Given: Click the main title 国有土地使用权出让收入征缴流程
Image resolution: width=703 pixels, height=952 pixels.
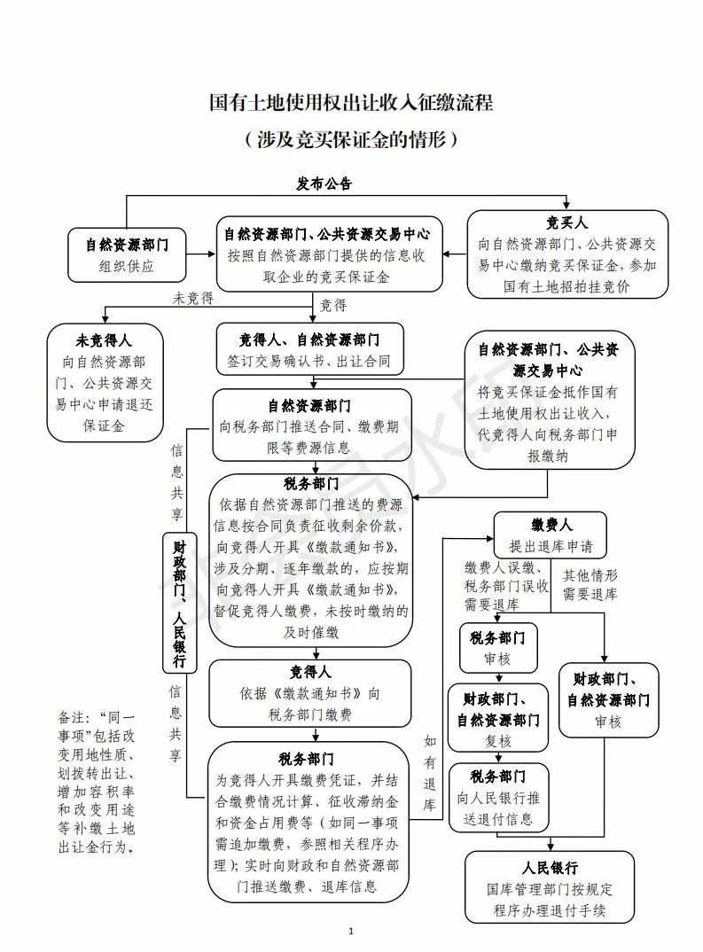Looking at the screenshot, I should click(351, 103).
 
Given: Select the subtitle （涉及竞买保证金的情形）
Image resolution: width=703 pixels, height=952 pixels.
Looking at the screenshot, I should click(351, 139).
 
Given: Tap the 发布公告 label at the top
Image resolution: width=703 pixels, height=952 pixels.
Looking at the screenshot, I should click(324, 184).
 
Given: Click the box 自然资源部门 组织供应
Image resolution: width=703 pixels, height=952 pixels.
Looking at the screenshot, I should click(127, 254).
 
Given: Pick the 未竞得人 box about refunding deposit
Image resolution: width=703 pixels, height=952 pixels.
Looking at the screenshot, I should click(106, 382).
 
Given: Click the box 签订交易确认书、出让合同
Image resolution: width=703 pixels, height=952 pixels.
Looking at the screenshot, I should click(309, 350).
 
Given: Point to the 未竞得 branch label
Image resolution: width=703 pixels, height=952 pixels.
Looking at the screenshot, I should click(192, 300).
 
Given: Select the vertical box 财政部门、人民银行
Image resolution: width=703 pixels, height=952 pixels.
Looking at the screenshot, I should click(179, 603).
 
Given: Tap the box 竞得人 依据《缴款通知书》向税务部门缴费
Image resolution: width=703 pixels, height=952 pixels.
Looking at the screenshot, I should click(309, 693).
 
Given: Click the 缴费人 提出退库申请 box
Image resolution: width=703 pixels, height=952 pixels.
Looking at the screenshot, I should click(551, 535).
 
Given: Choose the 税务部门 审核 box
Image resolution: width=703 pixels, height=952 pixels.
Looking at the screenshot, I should click(496, 648).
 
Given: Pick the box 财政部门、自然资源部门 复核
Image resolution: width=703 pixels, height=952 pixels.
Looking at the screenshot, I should click(496, 717).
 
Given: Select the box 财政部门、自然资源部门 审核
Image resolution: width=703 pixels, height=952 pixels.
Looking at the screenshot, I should click(608, 699).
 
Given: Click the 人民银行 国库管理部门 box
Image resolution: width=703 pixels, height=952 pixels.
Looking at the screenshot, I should click(550, 887).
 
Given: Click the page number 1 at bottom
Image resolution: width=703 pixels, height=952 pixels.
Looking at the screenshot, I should click(352, 931).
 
